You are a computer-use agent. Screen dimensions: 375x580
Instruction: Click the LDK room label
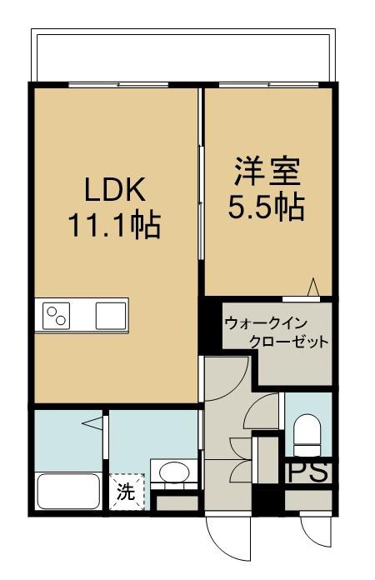(115, 189)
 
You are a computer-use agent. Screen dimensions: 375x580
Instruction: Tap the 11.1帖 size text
(114, 224)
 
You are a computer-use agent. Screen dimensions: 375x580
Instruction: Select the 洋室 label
(267, 172)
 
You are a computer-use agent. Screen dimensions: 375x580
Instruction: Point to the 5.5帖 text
(266, 207)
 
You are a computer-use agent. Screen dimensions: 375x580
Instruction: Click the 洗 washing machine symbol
(127, 492)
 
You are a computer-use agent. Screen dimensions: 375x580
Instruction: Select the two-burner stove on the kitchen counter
(56, 316)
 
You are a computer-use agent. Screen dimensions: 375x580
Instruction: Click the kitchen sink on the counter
(111, 316)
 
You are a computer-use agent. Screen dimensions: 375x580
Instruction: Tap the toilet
(307, 435)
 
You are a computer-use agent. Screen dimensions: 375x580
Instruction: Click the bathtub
(69, 492)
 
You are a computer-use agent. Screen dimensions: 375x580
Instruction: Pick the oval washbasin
(174, 472)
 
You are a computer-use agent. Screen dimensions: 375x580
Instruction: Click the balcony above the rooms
(183, 56)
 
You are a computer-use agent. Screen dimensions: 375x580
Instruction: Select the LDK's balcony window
(118, 85)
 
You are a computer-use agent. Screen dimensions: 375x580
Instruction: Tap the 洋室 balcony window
(269, 85)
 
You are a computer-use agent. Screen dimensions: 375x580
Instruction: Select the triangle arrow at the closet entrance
(313, 287)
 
